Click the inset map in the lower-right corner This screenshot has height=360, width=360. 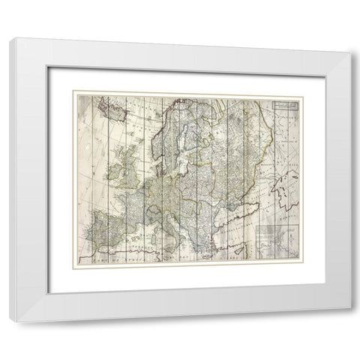(x=276, y=241)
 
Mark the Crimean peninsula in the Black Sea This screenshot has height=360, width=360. (x=220, y=196)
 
